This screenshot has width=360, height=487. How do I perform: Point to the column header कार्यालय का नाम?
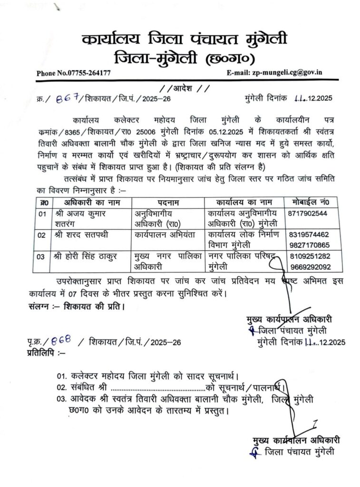click(243, 202)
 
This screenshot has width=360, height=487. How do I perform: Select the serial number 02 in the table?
click(41, 234)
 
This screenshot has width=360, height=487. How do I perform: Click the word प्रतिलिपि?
click(40, 352)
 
